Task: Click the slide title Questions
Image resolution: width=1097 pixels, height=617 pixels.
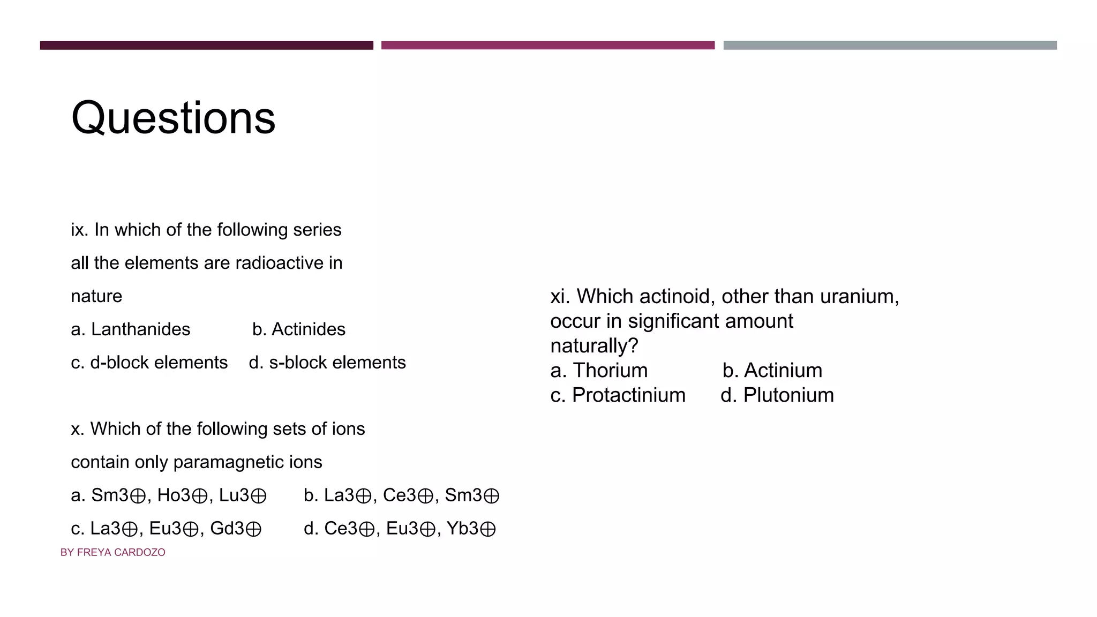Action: click(173, 118)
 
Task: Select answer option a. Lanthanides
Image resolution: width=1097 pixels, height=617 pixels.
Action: click(130, 329)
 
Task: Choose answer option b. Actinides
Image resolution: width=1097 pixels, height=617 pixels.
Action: click(299, 329)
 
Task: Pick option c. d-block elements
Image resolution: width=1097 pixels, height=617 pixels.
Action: click(149, 363)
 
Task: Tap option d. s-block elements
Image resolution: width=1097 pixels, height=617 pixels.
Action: click(327, 363)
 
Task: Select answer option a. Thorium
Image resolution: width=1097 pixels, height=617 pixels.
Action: click(599, 371)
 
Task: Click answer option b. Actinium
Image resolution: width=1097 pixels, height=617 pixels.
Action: click(772, 371)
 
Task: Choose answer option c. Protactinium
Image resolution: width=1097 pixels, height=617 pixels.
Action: click(618, 395)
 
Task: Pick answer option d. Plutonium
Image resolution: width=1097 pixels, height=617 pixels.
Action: click(777, 395)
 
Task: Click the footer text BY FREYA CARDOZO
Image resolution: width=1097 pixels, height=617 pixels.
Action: click(112, 552)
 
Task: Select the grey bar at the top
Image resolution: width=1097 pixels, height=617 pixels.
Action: click(890, 46)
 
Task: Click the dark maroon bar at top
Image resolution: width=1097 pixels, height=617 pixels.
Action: click(206, 46)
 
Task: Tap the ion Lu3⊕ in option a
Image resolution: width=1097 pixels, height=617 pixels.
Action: click(243, 495)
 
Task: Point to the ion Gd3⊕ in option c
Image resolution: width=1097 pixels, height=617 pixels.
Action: click(236, 529)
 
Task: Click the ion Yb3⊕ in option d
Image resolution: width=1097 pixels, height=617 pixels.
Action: click(471, 529)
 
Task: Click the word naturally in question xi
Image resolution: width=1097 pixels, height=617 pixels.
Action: click(594, 346)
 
